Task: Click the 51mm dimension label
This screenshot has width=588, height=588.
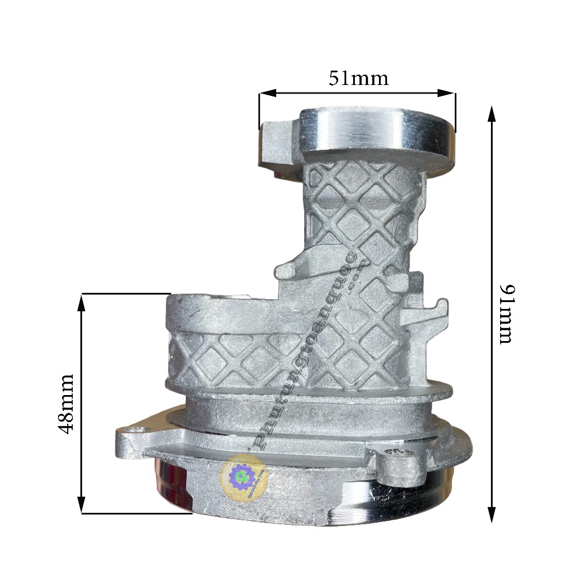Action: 358,78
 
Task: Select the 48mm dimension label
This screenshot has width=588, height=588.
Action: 67,403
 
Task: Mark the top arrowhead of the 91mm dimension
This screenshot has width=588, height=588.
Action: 492,113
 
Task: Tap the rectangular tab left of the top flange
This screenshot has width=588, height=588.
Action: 278,144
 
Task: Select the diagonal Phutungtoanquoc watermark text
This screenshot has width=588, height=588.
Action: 310,345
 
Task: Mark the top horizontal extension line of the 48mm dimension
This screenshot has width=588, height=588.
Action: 126,293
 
